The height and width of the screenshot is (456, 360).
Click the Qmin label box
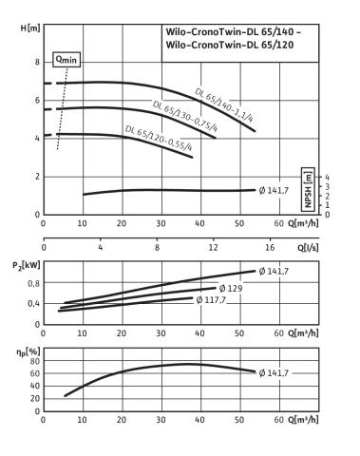[x=66, y=60]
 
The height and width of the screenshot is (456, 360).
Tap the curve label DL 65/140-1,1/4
[x=224, y=105]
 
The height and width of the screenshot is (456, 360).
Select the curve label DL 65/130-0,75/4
[x=185, y=116]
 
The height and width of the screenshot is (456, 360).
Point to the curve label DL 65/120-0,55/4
[x=159, y=139]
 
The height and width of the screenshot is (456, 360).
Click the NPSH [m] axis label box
[x=308, y=189]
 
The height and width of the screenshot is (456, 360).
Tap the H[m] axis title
[x=30, y=28]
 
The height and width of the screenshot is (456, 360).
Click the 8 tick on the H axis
[x=37, y=62]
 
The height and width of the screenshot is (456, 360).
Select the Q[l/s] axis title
[x=308, y=247]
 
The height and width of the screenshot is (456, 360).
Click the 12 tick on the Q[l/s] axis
[x=214, y=247]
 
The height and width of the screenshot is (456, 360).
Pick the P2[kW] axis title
[x=27, y=265]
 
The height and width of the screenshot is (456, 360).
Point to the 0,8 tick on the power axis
[x=34, y=284]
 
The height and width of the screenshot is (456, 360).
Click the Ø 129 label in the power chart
[x=231, y=288]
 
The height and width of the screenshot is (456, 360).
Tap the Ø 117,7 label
[x=211, y=299]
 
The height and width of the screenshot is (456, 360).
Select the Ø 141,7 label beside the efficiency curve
[x=274, y=373]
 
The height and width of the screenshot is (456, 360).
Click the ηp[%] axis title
[x=28, y=351]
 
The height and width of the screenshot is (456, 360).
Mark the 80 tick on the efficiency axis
[x=35, y=361]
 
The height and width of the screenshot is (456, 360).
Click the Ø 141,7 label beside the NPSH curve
[x=274, y=190]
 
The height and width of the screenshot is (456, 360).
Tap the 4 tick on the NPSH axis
[x=327, y=177]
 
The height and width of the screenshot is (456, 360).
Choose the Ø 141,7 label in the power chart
[x=274, y=272]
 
